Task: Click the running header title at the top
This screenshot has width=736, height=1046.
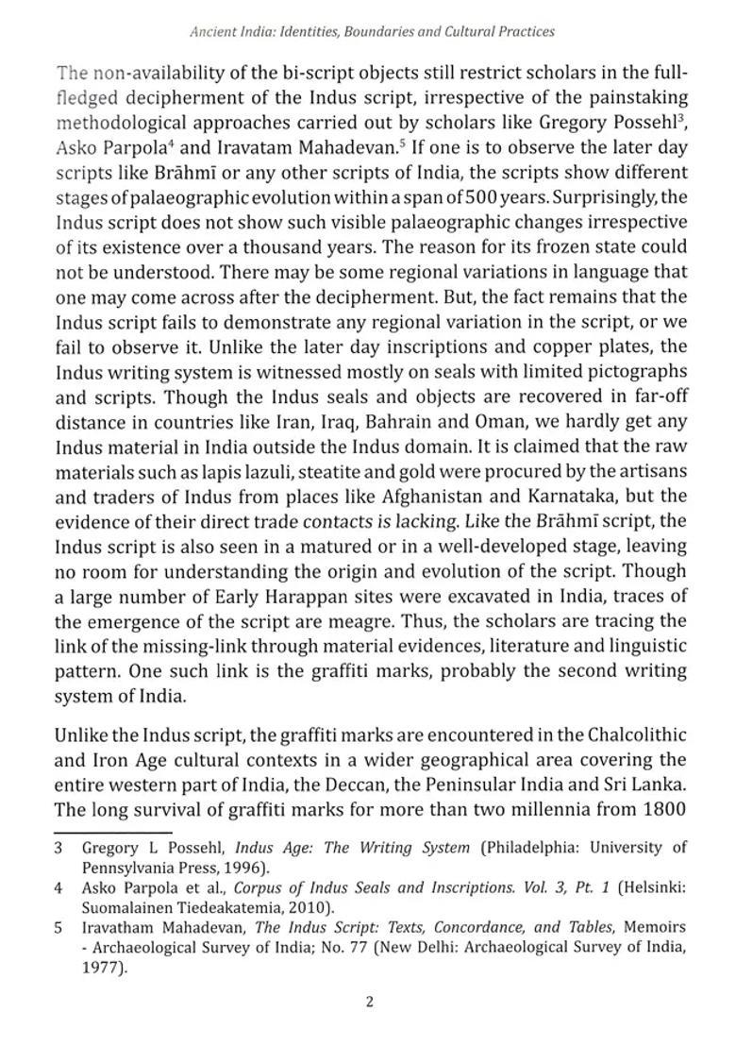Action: pyautogui.click(x=372, y=31)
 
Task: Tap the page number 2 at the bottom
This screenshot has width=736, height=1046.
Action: pyautogui.click(x=369, y=1002)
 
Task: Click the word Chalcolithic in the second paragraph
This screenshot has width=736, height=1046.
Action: pyautogui.click(x=636, y=734)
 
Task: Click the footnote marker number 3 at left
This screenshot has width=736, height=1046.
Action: pyautogui.click(x=59, y=848)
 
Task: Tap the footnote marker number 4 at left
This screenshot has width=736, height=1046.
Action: pyautogui.click(x=59, y=887)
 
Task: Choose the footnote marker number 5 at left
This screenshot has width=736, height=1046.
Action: pyautogui.click(x=59, y=927)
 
